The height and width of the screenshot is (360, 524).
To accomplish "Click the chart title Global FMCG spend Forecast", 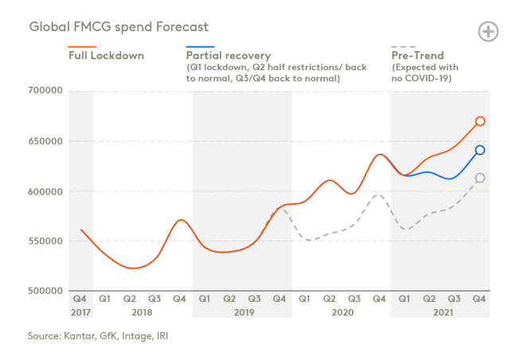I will click(119, 26).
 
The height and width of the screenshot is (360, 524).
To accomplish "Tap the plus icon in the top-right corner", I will click(488, 32).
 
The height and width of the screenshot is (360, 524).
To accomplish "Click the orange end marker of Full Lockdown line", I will click(480, 121).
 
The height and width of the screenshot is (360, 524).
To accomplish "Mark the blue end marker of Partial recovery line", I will click(480, 150).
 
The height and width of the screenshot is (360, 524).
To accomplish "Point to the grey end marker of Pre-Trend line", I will click(480, 178).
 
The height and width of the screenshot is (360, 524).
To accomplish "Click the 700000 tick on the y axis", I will click(45, 92).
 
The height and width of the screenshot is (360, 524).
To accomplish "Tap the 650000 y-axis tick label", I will click(45, 142).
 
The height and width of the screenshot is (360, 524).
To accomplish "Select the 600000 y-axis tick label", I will click(45, 192).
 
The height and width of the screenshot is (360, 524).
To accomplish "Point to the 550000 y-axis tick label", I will click(45, 241).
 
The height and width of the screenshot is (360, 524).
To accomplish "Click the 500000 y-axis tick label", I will click(45, 292).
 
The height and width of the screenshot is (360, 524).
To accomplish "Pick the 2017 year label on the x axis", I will click(81, 313).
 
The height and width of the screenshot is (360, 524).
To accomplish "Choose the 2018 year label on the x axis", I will click(143, 313).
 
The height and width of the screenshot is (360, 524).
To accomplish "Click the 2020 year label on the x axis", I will click(341, 313).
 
